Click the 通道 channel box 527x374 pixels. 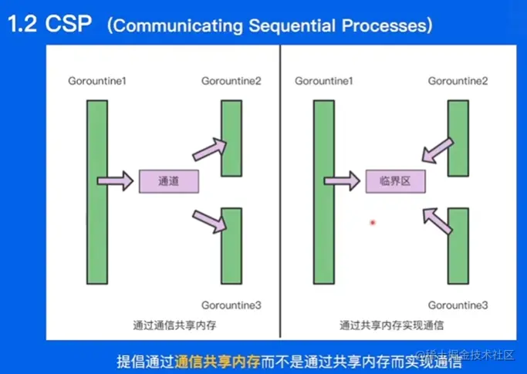tap(168, 182)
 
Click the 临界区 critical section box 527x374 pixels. tap(394, 182)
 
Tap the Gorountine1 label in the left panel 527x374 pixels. tap(97, 81)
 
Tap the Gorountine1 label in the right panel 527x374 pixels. tap(324, 81)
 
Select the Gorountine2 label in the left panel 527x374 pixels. tap(231, 81)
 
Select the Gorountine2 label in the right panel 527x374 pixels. tap(458, 81)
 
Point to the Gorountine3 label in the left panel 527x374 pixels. tap(231, 306)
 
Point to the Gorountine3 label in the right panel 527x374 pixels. tap(458, 306)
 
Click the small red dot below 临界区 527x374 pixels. tap(373, 222)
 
